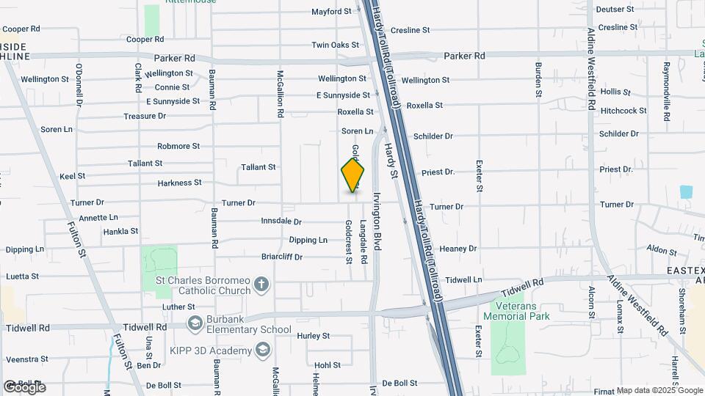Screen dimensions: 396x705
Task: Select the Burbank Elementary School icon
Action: tap(195, 323)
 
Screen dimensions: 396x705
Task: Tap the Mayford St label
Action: tap(331, 12)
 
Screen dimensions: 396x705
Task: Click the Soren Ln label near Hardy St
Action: tap(357, 131)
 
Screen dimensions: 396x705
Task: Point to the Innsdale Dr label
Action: tap(281, 221)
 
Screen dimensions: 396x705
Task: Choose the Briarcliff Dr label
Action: tap(282, 257)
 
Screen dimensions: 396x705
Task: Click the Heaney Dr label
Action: tap(458, 249)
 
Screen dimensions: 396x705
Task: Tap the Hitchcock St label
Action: tap(623, 111)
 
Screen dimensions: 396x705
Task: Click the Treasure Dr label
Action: tap(145, 116)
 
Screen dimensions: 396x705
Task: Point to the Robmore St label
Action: tap(178, 146)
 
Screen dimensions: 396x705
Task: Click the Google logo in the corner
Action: tap(23, 386)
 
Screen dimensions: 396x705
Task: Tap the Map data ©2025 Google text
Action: tap(659, 390)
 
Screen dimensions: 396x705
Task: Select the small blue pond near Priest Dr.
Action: tap(687, 192)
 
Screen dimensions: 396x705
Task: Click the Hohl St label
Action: tap(328, 364)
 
